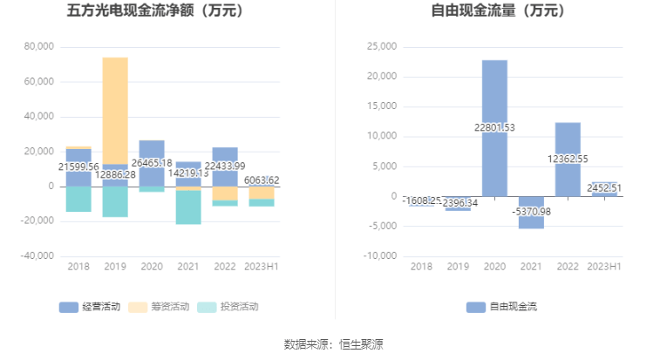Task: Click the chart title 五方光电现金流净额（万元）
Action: [155, 11]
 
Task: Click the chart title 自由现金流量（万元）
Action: [498, 11]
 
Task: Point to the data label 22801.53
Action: [494, 128]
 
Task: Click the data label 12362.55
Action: [568, 160]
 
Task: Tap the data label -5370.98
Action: [531, 212]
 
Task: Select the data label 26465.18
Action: [152, 162]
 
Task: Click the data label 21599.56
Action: [78, 167]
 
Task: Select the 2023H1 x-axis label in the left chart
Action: [262, 267]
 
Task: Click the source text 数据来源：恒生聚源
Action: [333, 344]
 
